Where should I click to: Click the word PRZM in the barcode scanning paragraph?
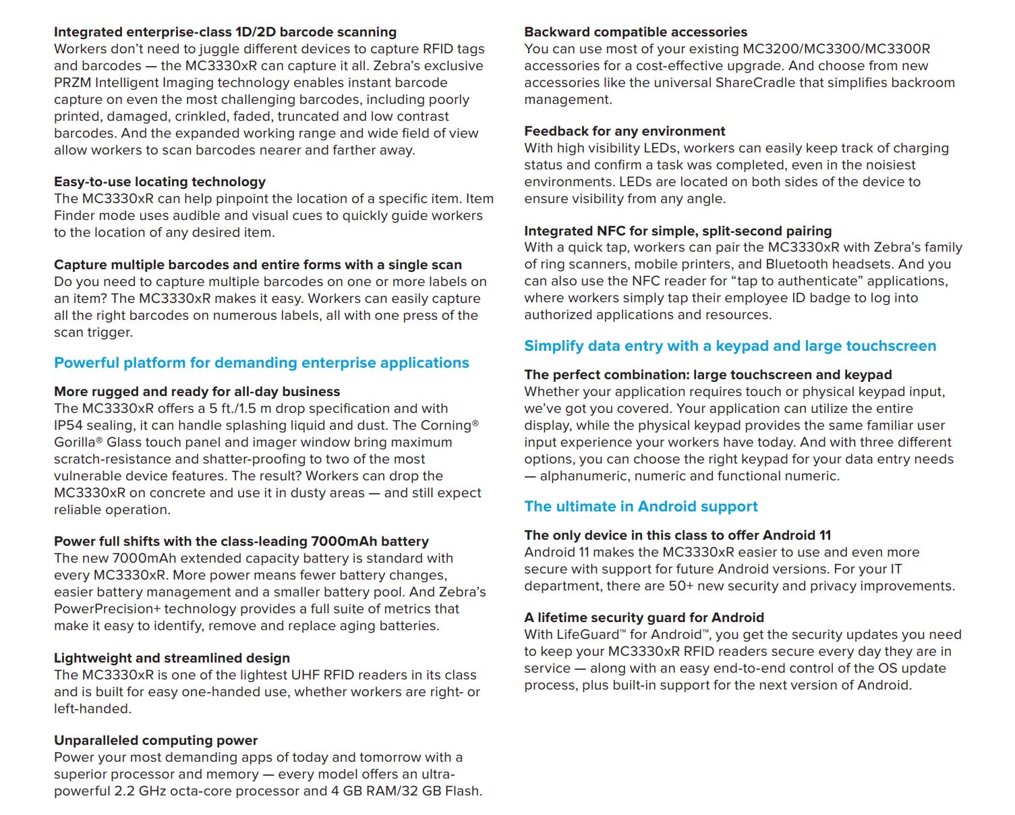pyautogui.click(x=72, y=82)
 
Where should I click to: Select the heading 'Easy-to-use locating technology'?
pyautogui.click(x=160, y=181)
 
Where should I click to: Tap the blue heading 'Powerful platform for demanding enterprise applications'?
pyautogui.click(x=262, y=363)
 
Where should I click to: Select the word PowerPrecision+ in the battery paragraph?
pyautogui.click(x=107, y=609)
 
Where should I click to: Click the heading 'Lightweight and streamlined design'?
pyautogui.click(x=172, y=658)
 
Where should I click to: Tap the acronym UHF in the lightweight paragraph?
pyautogui.click(x=306, y=675)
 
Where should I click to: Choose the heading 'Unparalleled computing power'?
pyautogui.click(x=156, y=740)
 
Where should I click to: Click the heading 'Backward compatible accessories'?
pyautogui.click(x=636, y=32)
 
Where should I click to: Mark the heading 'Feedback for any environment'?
pyautogui.click(x=625, y=131)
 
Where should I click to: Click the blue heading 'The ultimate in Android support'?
pyautogui.click(x=641, y=507)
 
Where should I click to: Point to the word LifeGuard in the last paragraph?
pyautogui.click(x=587, y=634)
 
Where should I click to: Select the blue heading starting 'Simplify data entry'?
pyautogui.click(x=730, y=346)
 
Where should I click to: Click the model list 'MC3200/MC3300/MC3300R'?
pyautogui.click(x=836, y=49)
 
